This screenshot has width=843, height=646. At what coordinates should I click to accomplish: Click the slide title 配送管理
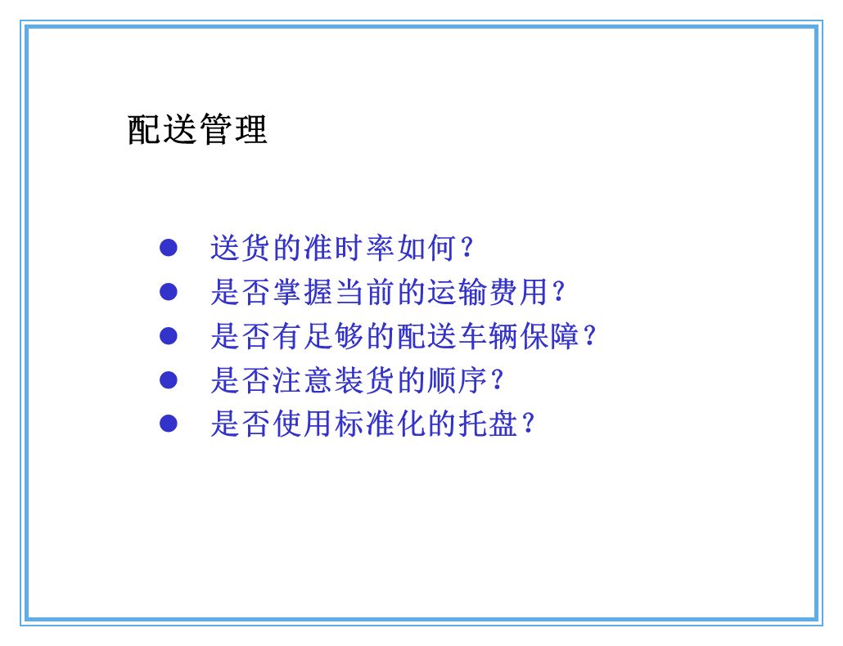(x=197, y=129)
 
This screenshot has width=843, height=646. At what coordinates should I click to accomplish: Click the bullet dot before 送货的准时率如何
(x=169, y=247)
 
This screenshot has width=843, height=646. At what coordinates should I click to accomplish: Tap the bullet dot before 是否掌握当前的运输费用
(x=169, y=291)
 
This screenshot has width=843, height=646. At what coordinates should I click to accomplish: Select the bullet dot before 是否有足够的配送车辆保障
(x=169, y=335)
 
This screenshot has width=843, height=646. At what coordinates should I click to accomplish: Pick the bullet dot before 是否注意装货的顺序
(x=169, y=379)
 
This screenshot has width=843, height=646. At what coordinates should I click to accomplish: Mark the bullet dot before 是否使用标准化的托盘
(x=169, y=424)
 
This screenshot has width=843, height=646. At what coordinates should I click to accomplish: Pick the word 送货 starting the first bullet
(x=241, y=247)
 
